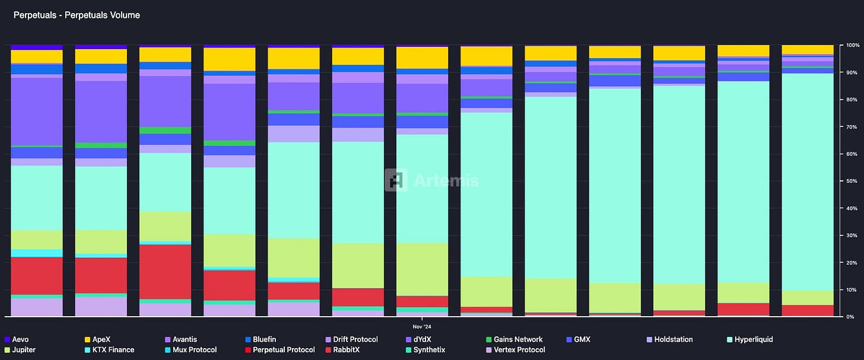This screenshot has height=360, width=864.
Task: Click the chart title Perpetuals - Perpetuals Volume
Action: coord(77,15)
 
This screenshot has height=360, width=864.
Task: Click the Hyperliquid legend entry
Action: coord(754,340)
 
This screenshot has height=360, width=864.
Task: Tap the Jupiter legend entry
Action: coord(24,350)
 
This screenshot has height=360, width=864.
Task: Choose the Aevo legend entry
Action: coord(20,340)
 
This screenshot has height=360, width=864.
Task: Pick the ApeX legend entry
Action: coord(101,340)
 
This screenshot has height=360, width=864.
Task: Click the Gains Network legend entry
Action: coord(518,340)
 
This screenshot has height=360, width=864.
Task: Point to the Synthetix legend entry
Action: coord(434,350)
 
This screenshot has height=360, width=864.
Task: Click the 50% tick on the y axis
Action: coord(849,181)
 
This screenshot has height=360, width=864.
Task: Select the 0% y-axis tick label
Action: coord(850,317)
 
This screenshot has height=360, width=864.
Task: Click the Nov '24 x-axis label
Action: coord(423,326)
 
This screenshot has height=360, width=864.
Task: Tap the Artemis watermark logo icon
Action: coord(396,180)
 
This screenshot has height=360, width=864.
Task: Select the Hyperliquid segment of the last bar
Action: coord(808,178)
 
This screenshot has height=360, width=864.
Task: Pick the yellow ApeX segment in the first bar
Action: coord(37,56)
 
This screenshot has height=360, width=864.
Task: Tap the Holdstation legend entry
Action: coord(673,340)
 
